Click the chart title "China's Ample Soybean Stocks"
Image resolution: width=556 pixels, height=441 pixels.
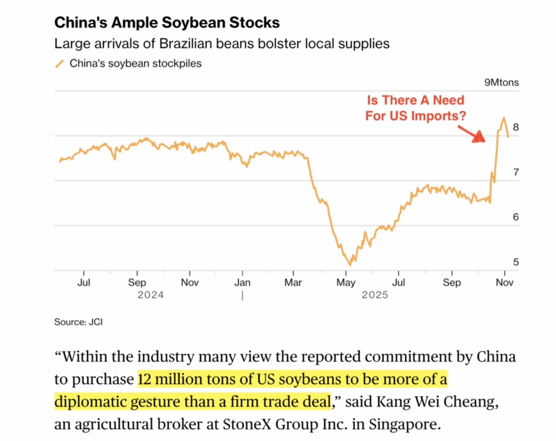coord(167,23)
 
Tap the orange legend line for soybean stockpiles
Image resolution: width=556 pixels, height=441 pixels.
coord(59,64)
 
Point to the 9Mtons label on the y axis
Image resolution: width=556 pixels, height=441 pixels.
coord(501,82)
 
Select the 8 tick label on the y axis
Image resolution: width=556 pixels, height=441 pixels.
coord(515,127)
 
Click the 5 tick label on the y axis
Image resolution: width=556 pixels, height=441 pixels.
coord(515,262)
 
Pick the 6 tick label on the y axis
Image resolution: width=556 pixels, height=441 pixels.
coord(515,217)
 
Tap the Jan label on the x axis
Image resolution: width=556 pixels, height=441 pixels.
coord(242,283)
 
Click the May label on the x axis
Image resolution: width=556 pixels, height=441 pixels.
coord(346,283)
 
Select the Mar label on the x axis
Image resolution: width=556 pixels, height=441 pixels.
coord(293,283)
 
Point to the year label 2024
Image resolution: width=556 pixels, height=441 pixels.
coord(151,295)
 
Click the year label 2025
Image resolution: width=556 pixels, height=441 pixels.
coord(374,295)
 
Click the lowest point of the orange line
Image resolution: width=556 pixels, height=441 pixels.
coord(350,265)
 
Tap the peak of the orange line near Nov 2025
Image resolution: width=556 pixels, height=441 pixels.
coord(504,118)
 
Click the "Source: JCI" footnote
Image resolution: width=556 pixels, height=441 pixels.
coord(78,322)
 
